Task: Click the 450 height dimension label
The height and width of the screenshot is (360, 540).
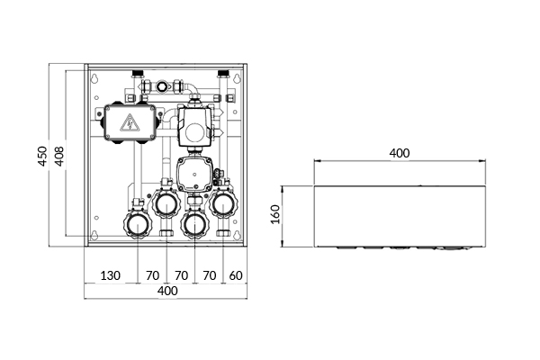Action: (42, 156)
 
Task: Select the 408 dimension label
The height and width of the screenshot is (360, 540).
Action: (59, 157)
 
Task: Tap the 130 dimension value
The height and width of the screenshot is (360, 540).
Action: (111, 275)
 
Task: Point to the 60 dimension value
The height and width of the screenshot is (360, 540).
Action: (236, 275)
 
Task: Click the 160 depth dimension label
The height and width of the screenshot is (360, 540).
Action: (275, 214)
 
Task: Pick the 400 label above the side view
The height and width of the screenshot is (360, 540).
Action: (400, 153)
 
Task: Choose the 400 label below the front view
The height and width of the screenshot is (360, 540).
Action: (167, 291)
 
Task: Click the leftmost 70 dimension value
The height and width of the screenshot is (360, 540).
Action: (153, 275)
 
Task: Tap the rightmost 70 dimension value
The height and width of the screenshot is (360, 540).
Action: (210, 275)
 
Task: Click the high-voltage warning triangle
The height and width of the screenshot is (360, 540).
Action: (130, 123)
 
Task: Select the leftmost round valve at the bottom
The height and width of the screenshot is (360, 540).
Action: (138, 224)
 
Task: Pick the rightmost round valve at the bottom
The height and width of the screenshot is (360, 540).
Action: (223, 204)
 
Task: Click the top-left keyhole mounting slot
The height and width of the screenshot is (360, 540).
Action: (94, 78)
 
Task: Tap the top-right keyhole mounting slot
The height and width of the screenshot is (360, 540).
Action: (236, 78)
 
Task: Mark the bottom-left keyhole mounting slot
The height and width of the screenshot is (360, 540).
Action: (94, 234)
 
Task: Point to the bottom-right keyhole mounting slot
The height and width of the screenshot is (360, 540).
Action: (236, 234)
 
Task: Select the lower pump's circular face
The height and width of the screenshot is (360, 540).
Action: (193, 174)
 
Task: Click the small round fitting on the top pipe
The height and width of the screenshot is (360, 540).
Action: (161, 85)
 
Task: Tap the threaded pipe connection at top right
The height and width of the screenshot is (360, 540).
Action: (223, 74)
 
